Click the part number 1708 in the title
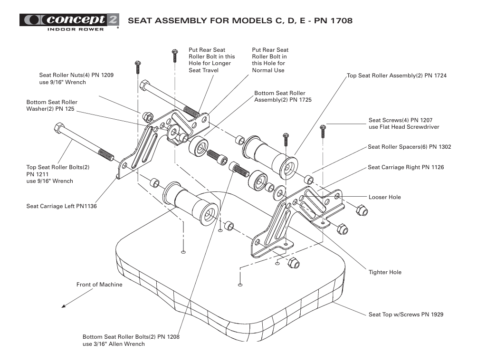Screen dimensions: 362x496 [341, 21]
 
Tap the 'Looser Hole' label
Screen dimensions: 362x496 [384, 197]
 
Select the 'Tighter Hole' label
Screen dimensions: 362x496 [385, 272]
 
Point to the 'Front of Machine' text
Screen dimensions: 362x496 [99, 285]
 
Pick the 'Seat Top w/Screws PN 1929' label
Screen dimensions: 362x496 [406, 314]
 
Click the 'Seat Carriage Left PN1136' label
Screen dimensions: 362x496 [61, 206]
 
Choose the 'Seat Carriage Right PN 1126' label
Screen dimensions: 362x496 [406, 167]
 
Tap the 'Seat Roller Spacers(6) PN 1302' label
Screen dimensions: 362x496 [409, 147]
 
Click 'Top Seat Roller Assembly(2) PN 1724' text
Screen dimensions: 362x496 [397, 76]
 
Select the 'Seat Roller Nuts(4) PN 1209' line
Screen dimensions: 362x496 [76, 75]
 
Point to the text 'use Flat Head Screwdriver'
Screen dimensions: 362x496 [404, 127]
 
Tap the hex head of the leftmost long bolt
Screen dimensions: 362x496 [59, 128]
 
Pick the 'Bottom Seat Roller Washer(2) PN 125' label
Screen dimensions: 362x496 [52, 105]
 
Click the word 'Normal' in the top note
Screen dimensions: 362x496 [263, 70]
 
